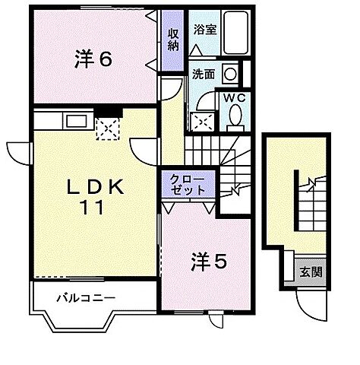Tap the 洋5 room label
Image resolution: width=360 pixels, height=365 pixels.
207,262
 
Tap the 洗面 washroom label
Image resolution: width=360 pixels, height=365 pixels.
203,75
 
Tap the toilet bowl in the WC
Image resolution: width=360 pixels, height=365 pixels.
234,116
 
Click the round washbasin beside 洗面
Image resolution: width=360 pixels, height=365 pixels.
229,75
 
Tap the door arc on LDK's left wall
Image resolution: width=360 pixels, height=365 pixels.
19,154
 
